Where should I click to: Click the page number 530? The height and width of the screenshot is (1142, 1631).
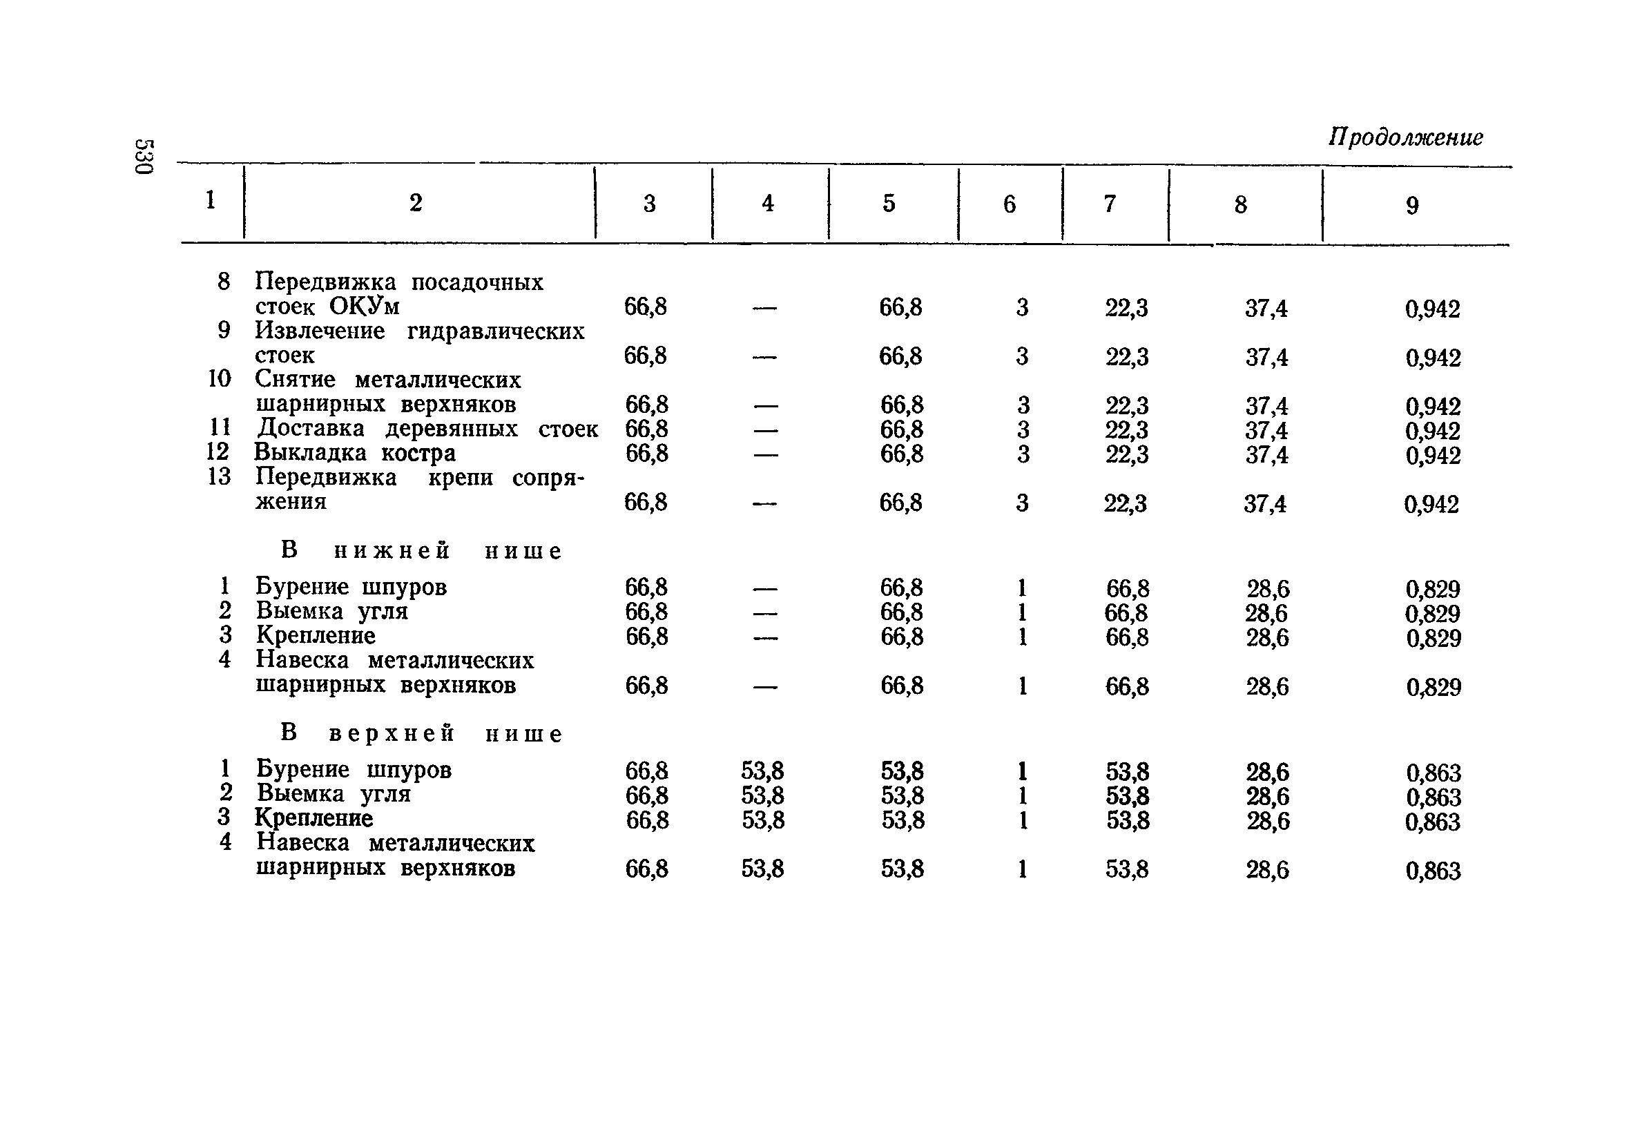point(144,157)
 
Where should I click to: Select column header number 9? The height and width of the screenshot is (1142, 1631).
point(1412,205)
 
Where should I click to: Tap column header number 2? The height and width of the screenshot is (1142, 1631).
point(416,203)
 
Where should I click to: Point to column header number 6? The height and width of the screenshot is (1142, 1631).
point(1010,204)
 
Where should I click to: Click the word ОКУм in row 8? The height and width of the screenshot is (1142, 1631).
point(365,307)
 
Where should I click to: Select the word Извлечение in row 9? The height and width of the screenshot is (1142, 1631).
point(320,331)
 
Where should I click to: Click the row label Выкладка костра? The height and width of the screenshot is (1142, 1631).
point(354,453)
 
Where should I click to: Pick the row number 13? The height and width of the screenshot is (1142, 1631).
point(220,476)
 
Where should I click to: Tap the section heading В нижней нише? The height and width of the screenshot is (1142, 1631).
point(421,550)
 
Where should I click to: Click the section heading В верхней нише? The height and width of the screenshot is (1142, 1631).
point(421,733)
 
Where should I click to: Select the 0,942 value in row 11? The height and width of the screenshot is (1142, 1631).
point(1432,431)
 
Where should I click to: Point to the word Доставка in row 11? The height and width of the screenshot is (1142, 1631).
point(311,428)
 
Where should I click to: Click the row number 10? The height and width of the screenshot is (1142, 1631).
point(220,379)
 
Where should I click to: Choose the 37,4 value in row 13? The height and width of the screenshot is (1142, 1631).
point(1264,504)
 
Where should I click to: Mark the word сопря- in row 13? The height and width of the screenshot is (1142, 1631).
point(548,478)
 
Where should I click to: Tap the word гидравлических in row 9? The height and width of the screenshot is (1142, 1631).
point(495,331)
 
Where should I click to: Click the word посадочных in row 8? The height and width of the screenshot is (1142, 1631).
point(476,282)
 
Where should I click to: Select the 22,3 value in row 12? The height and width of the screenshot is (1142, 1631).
point(1126,454)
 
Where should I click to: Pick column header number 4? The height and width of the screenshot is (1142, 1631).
point(767,204)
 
